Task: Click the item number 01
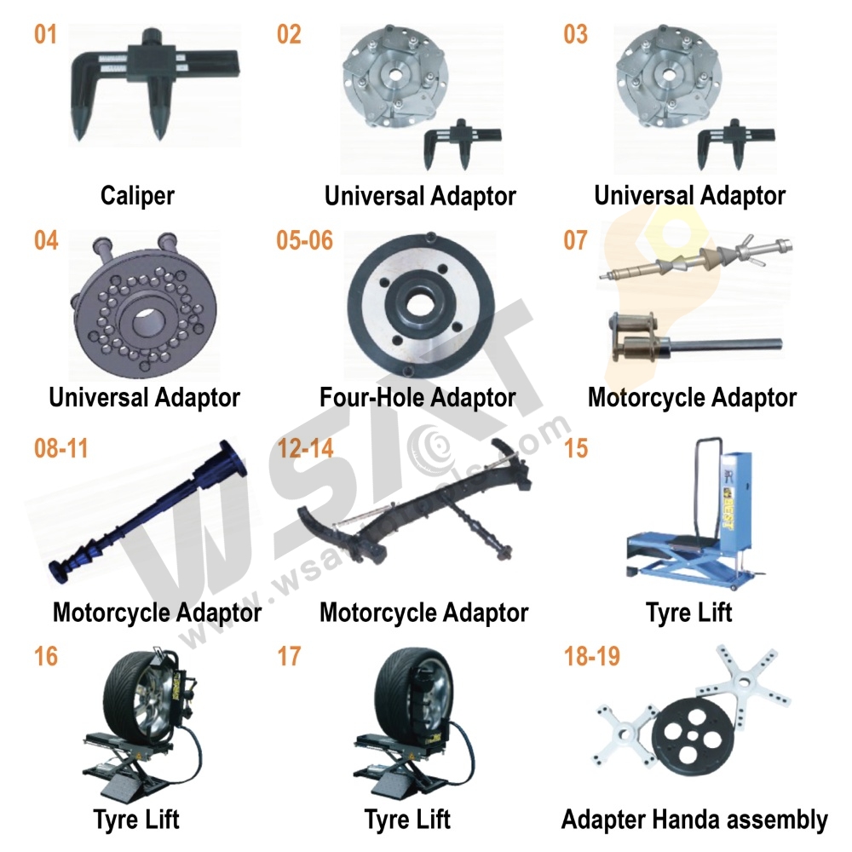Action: click(x=46, y=36)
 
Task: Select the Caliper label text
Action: click(x=137, y=195)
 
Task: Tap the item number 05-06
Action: click(x=304, y=240)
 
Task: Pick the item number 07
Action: click(x=575, y=240)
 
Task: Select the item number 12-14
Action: click(x=305, y=448)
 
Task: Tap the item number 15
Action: click(x=576, y=448)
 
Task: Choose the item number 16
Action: click(x=46, y=657)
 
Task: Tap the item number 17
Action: click(x=289, y=657)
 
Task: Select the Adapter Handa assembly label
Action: click(x=694, y=820)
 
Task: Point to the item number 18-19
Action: click(x=591, y=657)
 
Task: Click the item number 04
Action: click(x=46, y=240)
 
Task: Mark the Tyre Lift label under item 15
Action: click(x=688, y=612)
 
